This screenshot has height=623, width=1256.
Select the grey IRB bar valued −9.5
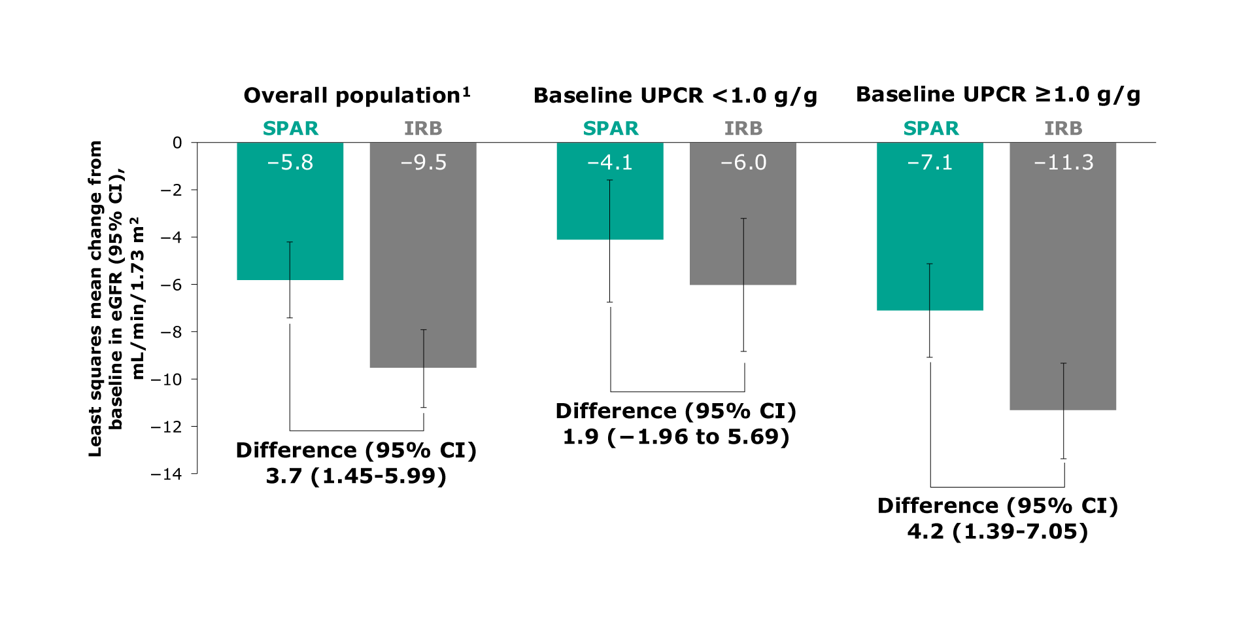coord(423,262)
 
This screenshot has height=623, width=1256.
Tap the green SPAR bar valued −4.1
coord(610,203)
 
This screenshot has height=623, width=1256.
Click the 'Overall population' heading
coord(356,96)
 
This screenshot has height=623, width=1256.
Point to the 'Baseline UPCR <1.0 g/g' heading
coord(675,96)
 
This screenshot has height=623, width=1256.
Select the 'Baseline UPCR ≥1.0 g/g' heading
coord(998,95)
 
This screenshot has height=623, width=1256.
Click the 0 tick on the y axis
coord(177,143)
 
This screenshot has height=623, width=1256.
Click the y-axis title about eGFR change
coord(115,298)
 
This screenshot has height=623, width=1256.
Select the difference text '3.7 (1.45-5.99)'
coord(356,476)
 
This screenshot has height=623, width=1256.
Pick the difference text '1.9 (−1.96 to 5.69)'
coord(676,436)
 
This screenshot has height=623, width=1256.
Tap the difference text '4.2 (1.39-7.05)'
coord(998,531)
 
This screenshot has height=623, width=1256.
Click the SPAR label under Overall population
coord(290,128)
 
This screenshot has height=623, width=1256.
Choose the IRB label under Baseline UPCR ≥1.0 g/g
coord(1063,128)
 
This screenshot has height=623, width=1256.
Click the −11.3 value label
coord(1063,162)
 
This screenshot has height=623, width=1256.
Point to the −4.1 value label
coord(610,162)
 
